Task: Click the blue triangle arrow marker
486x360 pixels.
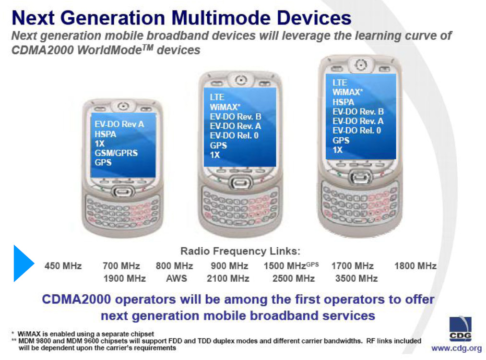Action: coord(23,263)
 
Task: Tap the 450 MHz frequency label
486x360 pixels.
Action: coord(63,266)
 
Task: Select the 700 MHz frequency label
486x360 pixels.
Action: coord(121,266)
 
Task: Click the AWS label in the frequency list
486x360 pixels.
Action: coord(177,278)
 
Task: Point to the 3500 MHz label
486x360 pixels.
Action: coord(356,278)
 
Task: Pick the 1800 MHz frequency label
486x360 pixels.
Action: coord(415,266)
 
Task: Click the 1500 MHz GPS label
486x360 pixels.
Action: coord(291,266)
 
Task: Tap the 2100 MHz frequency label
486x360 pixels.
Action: coord(228,278)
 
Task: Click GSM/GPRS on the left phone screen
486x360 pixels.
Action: coord(116,153)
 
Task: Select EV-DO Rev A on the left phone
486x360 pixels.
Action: coord(119,124)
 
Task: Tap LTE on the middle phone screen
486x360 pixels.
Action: coord(217,97)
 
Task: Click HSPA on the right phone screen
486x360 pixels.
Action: coord(343,102)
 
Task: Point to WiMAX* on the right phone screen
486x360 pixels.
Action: coord(347,93)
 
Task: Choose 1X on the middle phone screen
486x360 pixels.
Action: coord(215,155)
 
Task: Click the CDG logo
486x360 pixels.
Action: coord(460,328)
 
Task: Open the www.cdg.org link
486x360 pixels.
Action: coord(457,348)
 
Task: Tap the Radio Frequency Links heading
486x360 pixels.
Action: coord(240,251)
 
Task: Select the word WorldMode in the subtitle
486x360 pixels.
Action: coord(109,50)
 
